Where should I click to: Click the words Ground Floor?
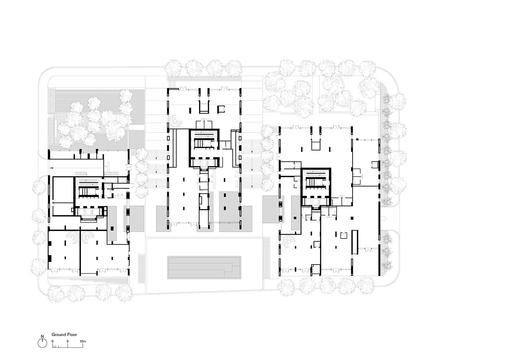click(x=64, y=334)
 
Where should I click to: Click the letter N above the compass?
click(x=42, y=336)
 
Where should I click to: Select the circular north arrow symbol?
click(x=42, y=343)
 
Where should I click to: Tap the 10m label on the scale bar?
click(x=83, y=341)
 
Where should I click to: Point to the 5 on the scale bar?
click(x=68, y=341)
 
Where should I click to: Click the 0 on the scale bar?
click(x=53, y=341)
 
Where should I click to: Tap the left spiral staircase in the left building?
click(x=73, y=237)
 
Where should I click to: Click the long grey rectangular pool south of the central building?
click(x=204, y=267)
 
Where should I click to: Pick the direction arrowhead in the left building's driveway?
click(x=52, y=168)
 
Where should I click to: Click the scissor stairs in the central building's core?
click(x=204, y=139)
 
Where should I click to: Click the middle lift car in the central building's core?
click(x=204, y=163)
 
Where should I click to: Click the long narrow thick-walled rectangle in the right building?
click(x=355, y=242)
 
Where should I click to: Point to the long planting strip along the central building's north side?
click(x=204, y=78)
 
